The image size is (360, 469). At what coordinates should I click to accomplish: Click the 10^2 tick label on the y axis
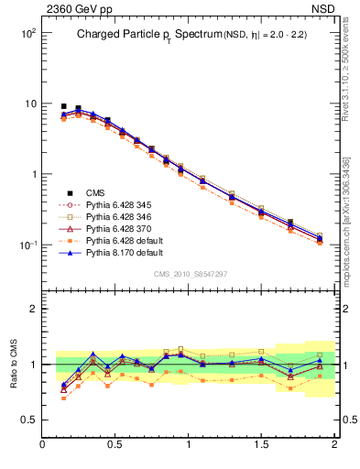[x=27, y=33]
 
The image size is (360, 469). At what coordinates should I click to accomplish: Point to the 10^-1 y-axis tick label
[x=27, y=245]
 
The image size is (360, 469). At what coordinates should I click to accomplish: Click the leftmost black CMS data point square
[x=63, y=106]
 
